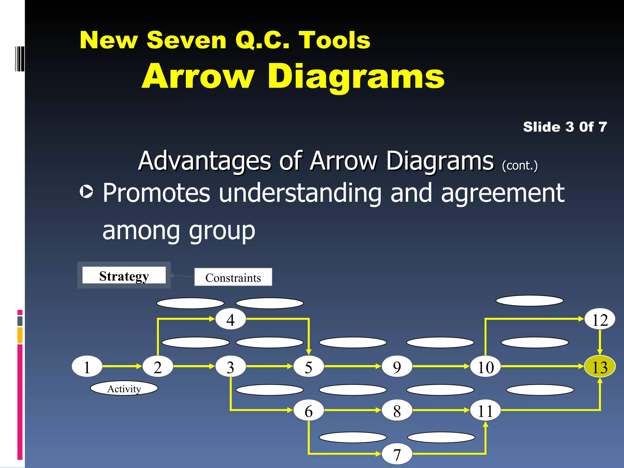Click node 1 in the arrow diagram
(87, 367)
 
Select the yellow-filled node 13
(600, 367)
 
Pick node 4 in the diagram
(231, 319)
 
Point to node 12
(600, 319)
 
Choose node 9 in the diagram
(397, 367)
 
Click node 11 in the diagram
(485, 410)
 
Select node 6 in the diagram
(308, 410)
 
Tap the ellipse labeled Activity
(124, 388)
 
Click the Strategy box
(124, 275)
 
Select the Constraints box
(233, 277)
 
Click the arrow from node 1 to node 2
(122, 366)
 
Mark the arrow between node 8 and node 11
(441, 410)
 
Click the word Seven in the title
(186, 40)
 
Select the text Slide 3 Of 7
(565, 127)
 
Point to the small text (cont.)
(520, 165)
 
